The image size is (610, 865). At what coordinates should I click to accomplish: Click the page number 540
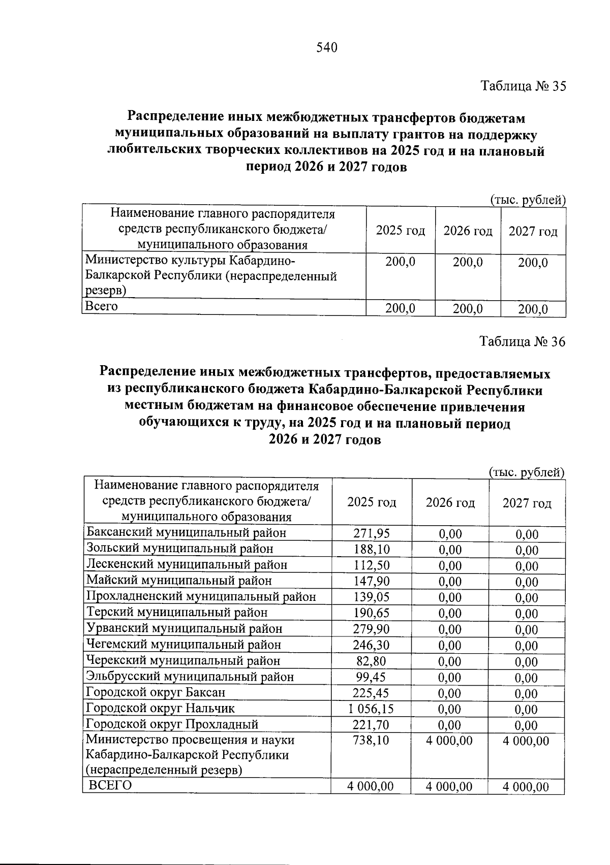[x=327, y=48]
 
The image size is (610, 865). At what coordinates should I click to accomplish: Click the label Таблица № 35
[x=523, y=86]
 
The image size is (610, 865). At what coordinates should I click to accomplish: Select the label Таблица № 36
[x=523, y=342]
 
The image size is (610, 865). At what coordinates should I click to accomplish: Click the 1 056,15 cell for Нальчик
[x=371, y=709]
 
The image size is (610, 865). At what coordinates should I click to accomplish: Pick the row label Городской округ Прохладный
[x=172, y=724]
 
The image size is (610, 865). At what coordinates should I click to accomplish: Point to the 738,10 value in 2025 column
[x=371, y=741]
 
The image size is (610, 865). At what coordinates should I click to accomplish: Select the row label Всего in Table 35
[x=102, y=306]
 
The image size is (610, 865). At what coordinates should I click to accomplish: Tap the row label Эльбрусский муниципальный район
[x=190, y=677]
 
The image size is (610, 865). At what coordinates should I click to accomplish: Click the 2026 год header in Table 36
[x=450, y=503]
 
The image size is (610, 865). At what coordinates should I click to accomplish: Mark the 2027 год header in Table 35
[x=533, y=232]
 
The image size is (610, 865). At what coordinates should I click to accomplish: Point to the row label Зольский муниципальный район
[x=180, y=549]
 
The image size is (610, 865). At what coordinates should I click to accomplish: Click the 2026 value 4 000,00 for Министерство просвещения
[x=449, y=741]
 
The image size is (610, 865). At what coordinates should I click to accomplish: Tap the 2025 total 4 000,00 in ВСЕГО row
[x=370, y=786]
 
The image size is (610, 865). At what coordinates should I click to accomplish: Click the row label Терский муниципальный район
[x=177, y=613]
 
